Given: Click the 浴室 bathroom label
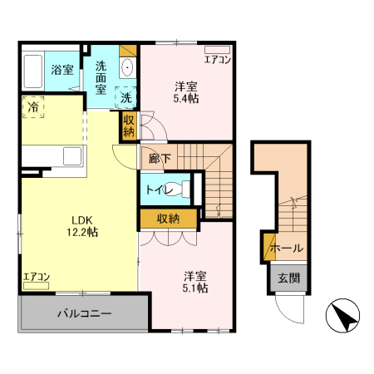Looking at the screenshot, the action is click(62, 70).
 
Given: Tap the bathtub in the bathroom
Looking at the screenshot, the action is click(33, 71).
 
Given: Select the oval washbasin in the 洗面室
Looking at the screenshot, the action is click(127, 67).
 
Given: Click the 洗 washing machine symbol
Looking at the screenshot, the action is click(125, 97).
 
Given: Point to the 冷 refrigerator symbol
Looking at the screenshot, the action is click(33, 107).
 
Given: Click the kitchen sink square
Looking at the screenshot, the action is click(72, 156).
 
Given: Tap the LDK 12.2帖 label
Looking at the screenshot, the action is click(82, 226).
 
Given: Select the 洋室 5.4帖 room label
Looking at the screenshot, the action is click(186, 92).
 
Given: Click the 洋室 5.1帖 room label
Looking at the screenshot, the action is click(195, 282).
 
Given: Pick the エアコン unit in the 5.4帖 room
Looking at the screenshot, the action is click(218, 50).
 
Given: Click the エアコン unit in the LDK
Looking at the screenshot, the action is click(36, 286).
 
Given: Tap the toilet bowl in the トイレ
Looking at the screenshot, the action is click(178, 189).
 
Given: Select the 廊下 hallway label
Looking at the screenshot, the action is click(160, 159).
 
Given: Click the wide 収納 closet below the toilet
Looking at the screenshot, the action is click(169, 219).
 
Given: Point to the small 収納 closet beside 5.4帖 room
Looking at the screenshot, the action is click(129, 126).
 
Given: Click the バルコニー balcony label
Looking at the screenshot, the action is click(85, 313).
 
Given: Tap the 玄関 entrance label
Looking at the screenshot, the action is click(289, 278).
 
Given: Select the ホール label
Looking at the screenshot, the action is click(287, 248).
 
